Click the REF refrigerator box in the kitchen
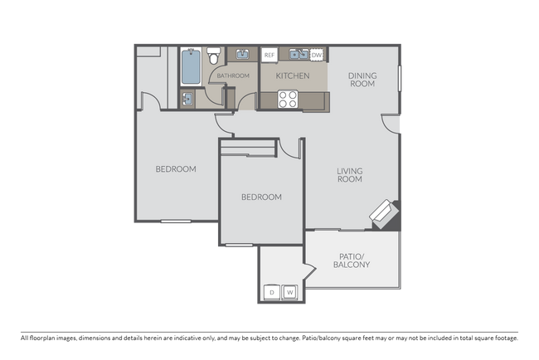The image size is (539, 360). [269, 55]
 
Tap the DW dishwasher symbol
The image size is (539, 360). [316, 55]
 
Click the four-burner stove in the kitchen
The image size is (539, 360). [288, 100]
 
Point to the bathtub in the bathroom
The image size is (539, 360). [191, 66]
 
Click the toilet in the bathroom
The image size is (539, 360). [214, 55]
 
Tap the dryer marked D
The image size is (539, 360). [272, 292]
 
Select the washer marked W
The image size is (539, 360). [290, 292]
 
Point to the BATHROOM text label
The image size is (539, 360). [233, 75]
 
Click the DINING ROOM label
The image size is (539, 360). [362, 80]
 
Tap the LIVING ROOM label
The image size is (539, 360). [350, 175]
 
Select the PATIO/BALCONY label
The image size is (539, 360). [352, 260]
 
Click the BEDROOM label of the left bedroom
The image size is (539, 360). [176, 169]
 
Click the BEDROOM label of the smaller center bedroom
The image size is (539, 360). [261, 197]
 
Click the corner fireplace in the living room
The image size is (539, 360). [384, 213]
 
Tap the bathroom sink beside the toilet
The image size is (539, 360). [242, 55]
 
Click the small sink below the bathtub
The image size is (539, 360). [187, 100]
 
